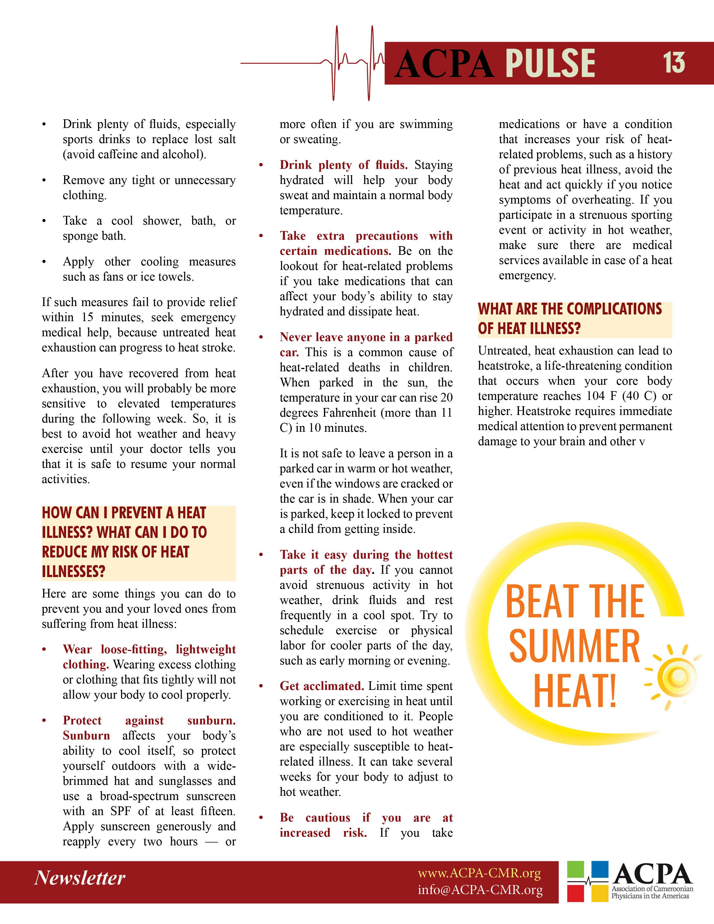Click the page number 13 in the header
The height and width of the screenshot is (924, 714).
pos(673,63)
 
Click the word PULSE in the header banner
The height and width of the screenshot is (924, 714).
pos(550,64)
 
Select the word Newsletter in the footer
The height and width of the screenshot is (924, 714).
pos(80,878)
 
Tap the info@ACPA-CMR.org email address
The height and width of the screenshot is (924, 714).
pos(480,890)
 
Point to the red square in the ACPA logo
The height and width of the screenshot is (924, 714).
pos(576,893)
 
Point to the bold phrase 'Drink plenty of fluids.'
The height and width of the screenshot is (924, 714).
pos(344,165)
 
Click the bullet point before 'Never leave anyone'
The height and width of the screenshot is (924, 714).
pos(261,338)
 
